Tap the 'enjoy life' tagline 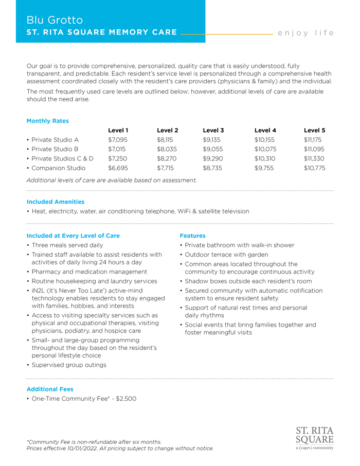(305, 33)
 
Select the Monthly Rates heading (47, 121)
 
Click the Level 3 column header (213, 130)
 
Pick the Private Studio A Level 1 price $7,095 (118, 139)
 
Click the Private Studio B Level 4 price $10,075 (265, 149)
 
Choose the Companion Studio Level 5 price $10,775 (314, 168)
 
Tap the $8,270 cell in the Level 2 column (167, 158)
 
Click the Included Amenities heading (55, 202)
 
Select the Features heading (192, 236)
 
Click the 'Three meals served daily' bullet (67, 245)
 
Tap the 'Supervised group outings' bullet (69, 365)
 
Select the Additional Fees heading (50, 389)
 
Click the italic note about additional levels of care (112, 180)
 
